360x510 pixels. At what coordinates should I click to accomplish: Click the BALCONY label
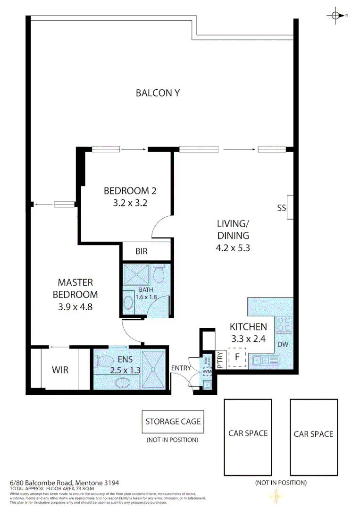point(158,93)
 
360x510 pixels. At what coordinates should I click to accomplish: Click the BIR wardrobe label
point(142,252)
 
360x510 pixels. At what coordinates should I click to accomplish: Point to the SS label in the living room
point(282,208)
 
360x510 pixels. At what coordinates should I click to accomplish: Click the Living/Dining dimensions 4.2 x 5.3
point(233,247)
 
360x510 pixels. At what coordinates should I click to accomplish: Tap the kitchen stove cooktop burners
point(284,324)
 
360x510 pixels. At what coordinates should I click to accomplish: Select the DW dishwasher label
point(283,345)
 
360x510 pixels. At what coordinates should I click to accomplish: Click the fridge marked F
point(237,357)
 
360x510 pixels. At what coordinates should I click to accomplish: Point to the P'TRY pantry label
point(220,359)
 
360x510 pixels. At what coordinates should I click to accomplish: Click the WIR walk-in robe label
point(60,370)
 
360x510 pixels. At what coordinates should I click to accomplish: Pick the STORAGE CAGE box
point(173,422)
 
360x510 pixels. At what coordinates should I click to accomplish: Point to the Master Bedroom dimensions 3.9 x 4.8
point(75,306)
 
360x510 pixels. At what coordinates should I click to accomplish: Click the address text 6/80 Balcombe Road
point(64,483)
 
